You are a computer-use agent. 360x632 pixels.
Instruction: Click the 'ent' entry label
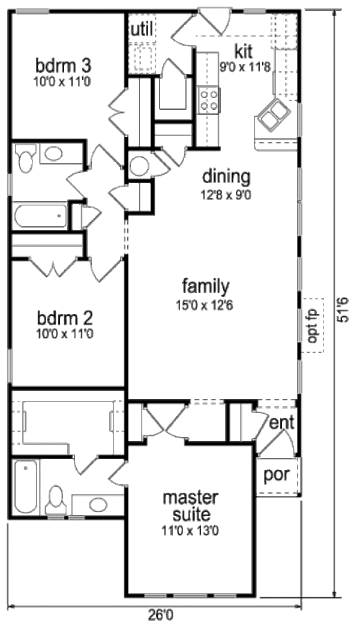tap(281, 423)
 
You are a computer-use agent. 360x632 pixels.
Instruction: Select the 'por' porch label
tap(277, 475)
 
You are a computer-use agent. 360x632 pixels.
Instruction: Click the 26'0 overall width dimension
tap(159, 614)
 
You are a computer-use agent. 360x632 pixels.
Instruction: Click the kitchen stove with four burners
tap(209, 100)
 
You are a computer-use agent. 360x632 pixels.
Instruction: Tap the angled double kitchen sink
tap(273, 115)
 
